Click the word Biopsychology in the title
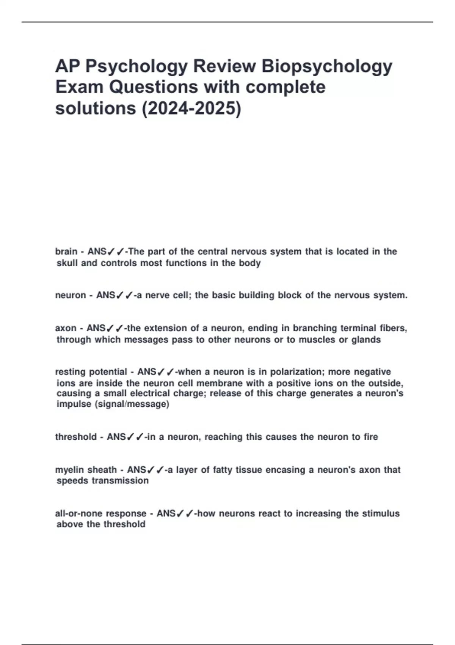pos(327,66)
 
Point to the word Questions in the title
pos(154,87)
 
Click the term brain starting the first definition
pos(66,252)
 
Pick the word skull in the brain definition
pos(67,263)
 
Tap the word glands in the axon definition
pos(366,340)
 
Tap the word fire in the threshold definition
pos(370,437)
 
